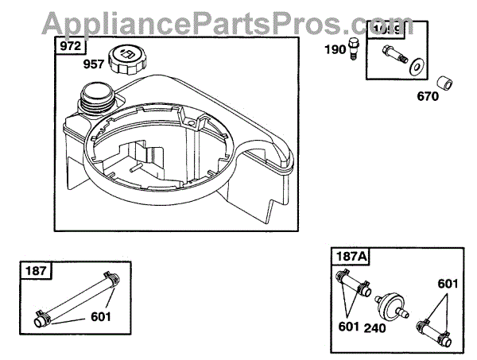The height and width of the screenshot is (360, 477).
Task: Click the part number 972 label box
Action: coord(69,46)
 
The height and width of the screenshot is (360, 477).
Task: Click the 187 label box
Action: coord(36,271)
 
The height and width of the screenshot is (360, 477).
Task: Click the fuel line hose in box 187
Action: coord(76,297)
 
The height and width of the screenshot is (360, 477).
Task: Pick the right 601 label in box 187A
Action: coord(447,284)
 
